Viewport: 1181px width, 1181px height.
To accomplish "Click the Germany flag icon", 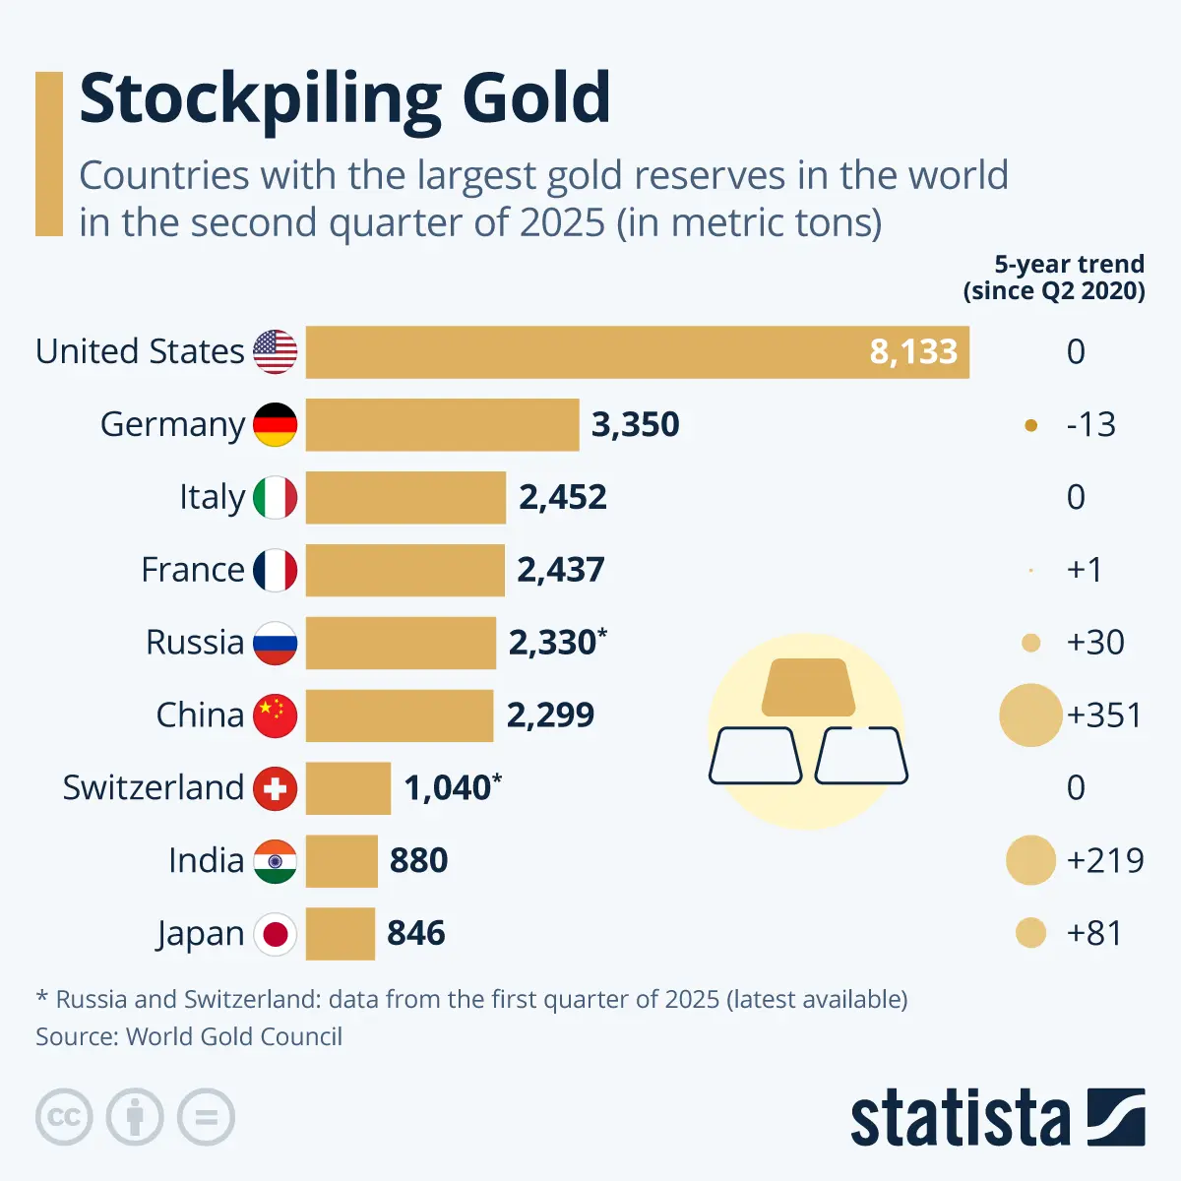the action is [276, 424].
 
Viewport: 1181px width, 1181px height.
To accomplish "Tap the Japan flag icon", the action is [276, 934].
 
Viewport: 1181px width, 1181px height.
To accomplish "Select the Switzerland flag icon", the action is [276, 788].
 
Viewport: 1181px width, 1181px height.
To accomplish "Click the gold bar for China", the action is [400, 715].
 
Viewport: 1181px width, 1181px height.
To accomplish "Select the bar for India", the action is [342, 861].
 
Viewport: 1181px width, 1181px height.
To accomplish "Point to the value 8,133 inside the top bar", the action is [913, 351].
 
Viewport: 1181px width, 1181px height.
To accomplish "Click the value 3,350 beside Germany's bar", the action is [635, 424].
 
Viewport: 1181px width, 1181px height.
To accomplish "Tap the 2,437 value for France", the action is [561, 570].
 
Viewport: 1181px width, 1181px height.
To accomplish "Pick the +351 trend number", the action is [1104, 715].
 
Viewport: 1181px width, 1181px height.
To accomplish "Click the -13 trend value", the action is [1090, 424].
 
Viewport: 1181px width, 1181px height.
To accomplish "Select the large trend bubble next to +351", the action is [1030, 715].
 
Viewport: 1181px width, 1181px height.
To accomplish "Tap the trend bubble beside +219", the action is [1030, 860].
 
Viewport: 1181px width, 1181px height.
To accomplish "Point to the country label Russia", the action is [195, 643].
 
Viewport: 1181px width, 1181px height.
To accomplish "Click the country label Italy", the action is [212, 497].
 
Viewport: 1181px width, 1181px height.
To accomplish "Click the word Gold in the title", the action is [536, 98].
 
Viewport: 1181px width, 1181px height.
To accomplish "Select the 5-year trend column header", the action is [1054, 277].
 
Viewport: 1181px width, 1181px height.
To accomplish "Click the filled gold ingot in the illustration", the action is [808, 687].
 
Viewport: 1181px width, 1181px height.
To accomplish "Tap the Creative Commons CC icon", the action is [64, 1117].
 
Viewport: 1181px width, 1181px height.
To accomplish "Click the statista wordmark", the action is [960, 1117].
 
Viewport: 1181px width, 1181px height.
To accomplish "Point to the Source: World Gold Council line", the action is [189, 1037].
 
